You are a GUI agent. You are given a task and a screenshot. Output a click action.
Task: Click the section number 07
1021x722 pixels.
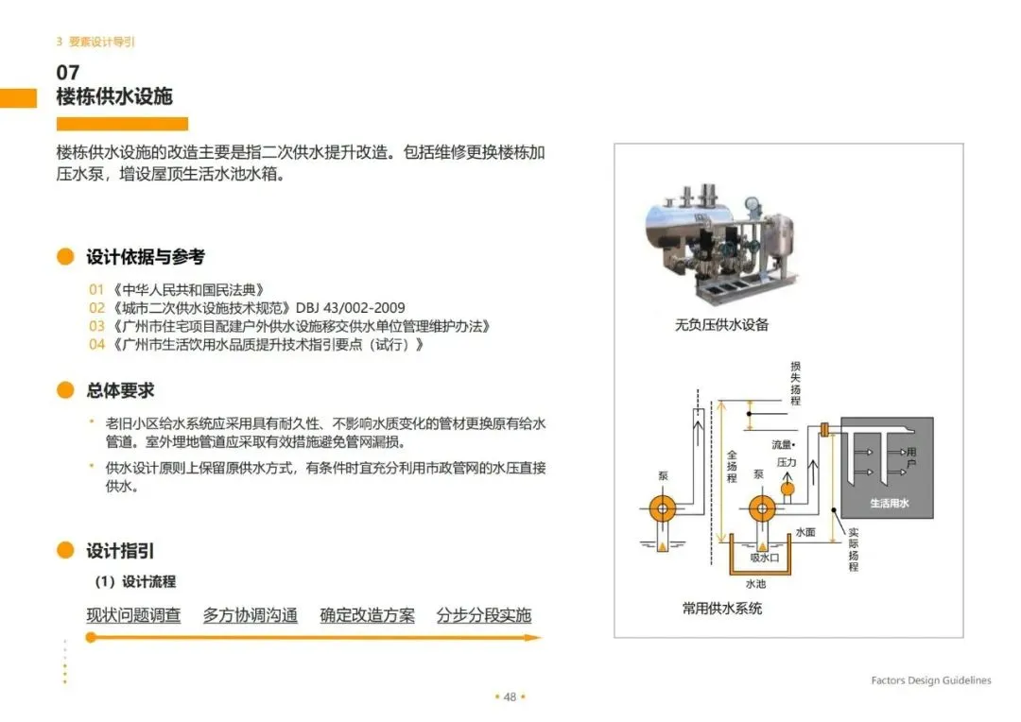click(68, 73)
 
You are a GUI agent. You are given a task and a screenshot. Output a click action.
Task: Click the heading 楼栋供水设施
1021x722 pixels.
click(114, 96)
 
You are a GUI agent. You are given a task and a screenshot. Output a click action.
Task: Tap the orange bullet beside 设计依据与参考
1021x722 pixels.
click(65, 257)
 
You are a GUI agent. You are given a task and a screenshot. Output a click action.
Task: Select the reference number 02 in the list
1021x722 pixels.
click(96, 308)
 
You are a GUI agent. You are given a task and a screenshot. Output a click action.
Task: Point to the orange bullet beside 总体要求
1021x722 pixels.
click(65, 390)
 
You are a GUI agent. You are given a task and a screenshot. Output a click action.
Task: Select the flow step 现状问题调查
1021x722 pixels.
click(133, 615)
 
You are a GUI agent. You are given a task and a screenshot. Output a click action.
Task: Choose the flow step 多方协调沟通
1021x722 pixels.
click(250, 615)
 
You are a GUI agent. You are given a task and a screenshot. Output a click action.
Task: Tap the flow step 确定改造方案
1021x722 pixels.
click(367, 615)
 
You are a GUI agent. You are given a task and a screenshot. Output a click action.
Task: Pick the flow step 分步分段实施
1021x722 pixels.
click(483, 615)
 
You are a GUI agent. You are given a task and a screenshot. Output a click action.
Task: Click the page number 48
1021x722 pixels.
click(510, 696)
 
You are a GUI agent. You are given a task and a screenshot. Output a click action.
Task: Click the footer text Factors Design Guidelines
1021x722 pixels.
click(931, 680)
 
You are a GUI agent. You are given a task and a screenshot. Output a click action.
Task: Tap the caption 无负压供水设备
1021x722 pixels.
click(721, 325)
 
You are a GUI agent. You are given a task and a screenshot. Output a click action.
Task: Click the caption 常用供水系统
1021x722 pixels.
click(721, 608)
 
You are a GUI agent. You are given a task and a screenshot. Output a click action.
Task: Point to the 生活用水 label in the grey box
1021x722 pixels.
click(889, 504)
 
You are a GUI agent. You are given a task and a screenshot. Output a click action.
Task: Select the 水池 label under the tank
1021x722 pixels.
click(756, 583)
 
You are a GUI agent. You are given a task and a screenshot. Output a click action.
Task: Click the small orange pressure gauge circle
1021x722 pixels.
click(787, 488)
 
